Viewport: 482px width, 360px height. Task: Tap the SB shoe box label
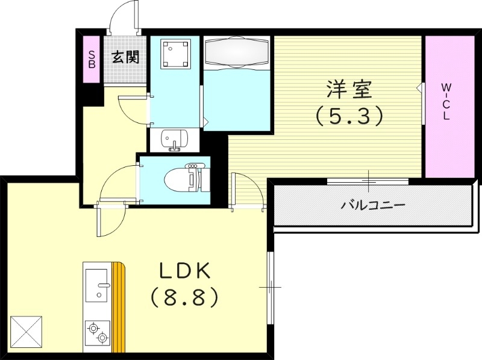coord(92,57)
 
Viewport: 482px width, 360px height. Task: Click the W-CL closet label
coord(446,101)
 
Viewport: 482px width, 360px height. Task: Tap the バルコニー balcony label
coord(373,204)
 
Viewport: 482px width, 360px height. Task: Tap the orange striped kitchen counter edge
coord(120,308)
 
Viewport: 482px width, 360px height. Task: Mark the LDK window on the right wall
coord(271,287)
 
